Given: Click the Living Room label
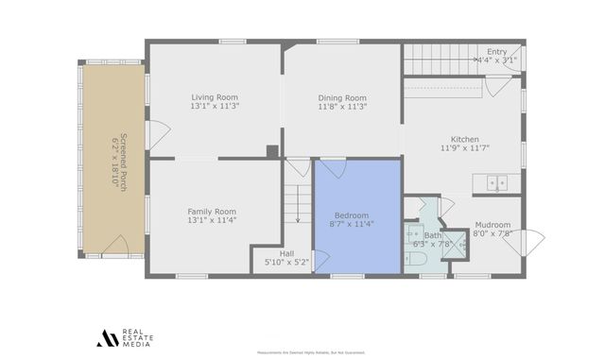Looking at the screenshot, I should (x=215, y=96).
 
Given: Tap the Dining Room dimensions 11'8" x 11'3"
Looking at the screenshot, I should (x=341, y=107).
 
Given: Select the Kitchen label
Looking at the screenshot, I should (x=464, y=138).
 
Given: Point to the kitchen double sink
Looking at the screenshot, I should (x=497, y=183).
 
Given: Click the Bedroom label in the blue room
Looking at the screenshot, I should (x=351, y=214).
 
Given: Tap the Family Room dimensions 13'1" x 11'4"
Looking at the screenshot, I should (x=212, y=220).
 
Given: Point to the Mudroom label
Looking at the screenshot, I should (x=492, y=225).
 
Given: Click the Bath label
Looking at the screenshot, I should (x=433, y=235).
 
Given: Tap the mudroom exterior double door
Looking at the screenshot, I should (x=524, y=244).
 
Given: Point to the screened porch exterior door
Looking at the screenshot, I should (x=114, y=248).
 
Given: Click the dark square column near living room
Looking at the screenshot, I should (x=272, y=150).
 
